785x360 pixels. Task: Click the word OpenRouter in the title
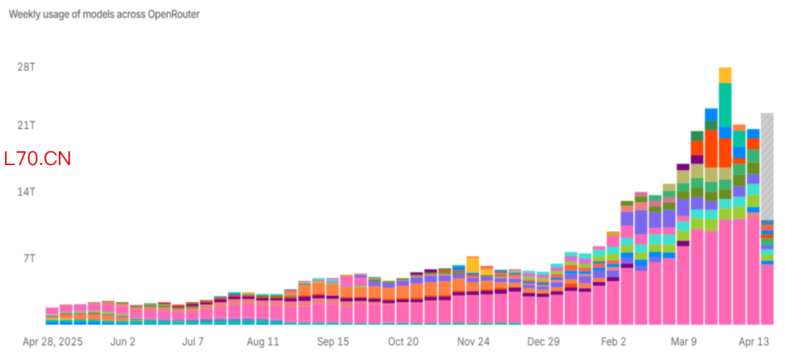coord(174,15)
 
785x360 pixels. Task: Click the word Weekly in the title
coord(24,15)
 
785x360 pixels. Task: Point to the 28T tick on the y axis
coord(27,67)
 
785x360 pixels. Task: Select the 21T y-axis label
coord(27,125)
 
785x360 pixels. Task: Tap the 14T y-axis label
coord(27,191)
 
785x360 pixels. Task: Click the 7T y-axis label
coord(29,258)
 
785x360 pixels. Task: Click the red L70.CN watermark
coord(38,159)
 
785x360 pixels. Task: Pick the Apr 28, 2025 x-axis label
coord(53,341)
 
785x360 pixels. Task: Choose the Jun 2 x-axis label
coord(122,341)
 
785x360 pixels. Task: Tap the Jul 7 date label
coord(192,341)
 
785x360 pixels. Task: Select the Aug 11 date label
coord(263,341)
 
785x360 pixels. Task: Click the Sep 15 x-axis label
coord(333,341)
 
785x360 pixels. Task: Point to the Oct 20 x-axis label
coord(403,341)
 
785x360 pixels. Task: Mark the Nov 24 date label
coord(473,341)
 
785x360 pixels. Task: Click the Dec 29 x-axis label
coord(543,341)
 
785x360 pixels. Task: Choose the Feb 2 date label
coord(613,341)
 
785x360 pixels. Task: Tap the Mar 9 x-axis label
coord(683,341)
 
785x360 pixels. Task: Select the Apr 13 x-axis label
coord(753,341)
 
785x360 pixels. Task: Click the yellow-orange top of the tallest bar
coord(725,75)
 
